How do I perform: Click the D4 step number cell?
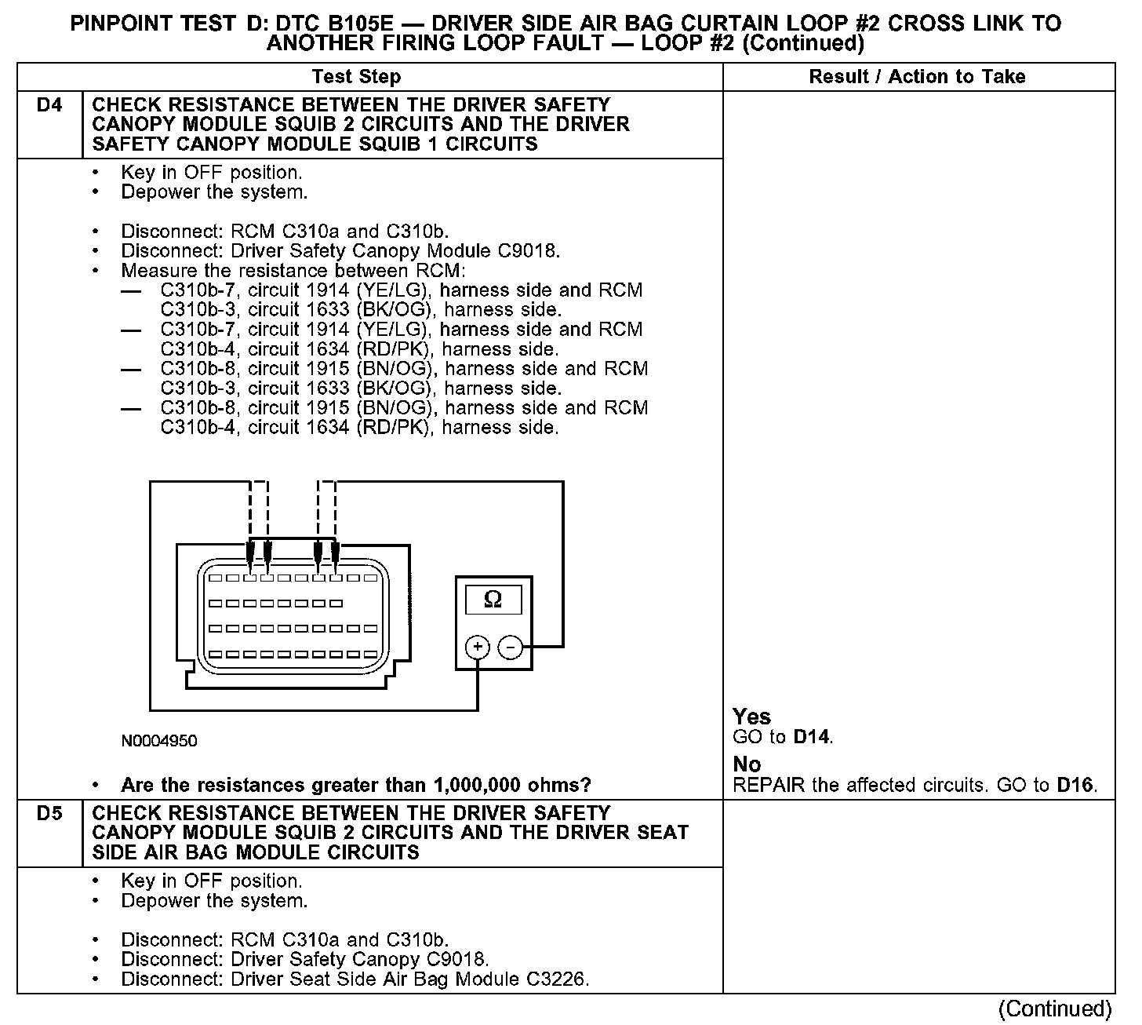tap(49, 105)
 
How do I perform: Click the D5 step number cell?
tap(49, 814)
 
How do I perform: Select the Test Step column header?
tap(356, 77)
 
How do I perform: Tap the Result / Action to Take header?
tap(917, 77)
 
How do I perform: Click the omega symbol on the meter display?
tap(493, 600)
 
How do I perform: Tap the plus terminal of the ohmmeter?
tap(478, 647)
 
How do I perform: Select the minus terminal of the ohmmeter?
tap(511, 647)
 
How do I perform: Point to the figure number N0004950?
tap(158, 742)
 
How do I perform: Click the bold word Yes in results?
tap(751, 717)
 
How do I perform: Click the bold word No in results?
tap(747, 764)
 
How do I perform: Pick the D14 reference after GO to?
tap(812, 737)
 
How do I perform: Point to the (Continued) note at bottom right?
tap(1056, 1009)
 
